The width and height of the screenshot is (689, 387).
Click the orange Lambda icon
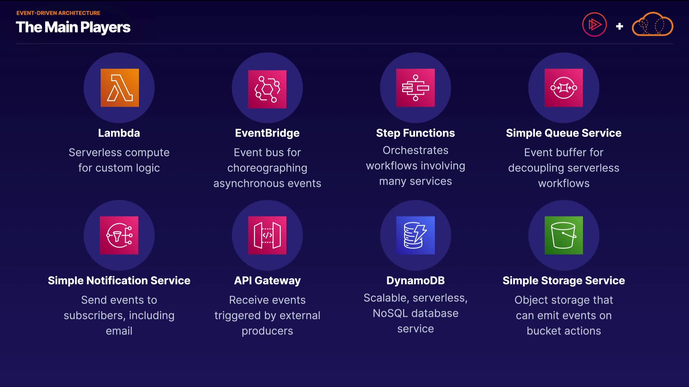119,88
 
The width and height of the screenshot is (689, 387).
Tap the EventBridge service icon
267,89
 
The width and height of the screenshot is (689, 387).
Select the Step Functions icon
416,88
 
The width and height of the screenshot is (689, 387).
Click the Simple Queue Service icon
564,88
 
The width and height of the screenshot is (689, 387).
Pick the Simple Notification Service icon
119,235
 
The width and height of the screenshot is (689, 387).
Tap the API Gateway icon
267,235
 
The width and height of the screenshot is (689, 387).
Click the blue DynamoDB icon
416,235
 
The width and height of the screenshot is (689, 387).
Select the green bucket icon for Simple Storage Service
564,235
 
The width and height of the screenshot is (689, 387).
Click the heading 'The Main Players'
73,28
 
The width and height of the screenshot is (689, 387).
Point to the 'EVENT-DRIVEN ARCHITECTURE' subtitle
58,13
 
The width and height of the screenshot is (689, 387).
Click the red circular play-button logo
595,24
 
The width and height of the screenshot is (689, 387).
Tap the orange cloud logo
652,24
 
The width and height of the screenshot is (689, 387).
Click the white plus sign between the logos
619,26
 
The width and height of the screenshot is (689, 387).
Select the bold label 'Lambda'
119,133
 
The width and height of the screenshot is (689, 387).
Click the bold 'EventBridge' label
267,133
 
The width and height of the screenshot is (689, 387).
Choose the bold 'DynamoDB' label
416,281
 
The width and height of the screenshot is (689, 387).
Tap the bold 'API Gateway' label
267,281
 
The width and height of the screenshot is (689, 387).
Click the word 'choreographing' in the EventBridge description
267,168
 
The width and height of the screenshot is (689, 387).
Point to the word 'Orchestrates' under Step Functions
416,150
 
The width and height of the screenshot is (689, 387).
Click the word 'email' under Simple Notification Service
119,331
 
